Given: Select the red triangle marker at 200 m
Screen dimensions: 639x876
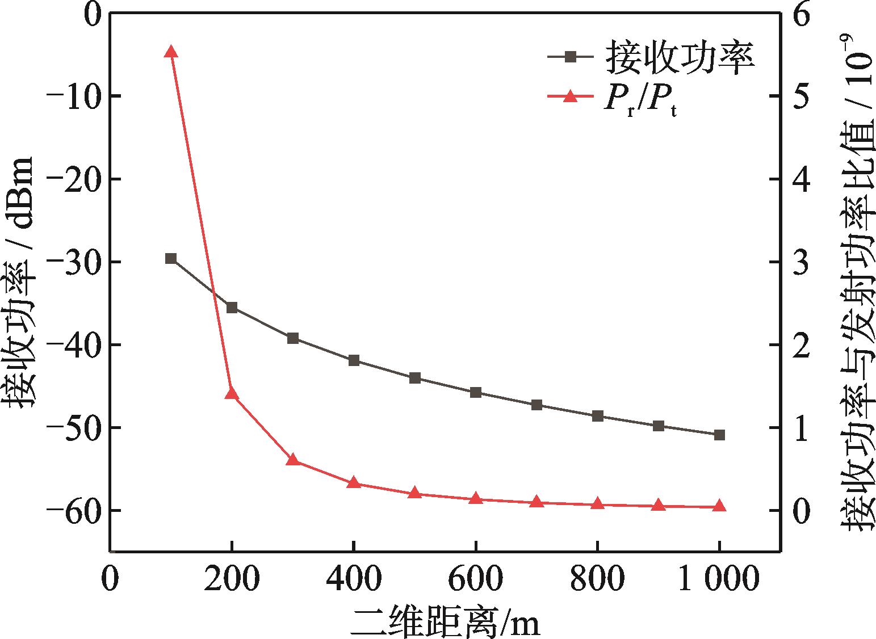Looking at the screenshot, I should (x=232, y=393).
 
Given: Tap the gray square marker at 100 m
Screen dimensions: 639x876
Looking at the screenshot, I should (x=171, y=259).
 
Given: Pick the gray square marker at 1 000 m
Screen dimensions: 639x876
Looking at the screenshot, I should (x=719, y=435).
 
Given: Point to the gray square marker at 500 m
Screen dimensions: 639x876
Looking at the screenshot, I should (x=415, y=378).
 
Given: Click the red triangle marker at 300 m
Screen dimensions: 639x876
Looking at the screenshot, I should (x=293, y=460).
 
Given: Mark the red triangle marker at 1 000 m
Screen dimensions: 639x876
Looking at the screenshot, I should (x=719, y=506).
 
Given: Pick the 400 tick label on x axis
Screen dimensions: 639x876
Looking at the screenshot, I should (x=354, y=580).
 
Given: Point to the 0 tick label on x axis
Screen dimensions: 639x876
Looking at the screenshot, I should (x=109, y=580).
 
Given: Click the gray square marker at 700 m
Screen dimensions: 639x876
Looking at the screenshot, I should (x=537, y=405).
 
